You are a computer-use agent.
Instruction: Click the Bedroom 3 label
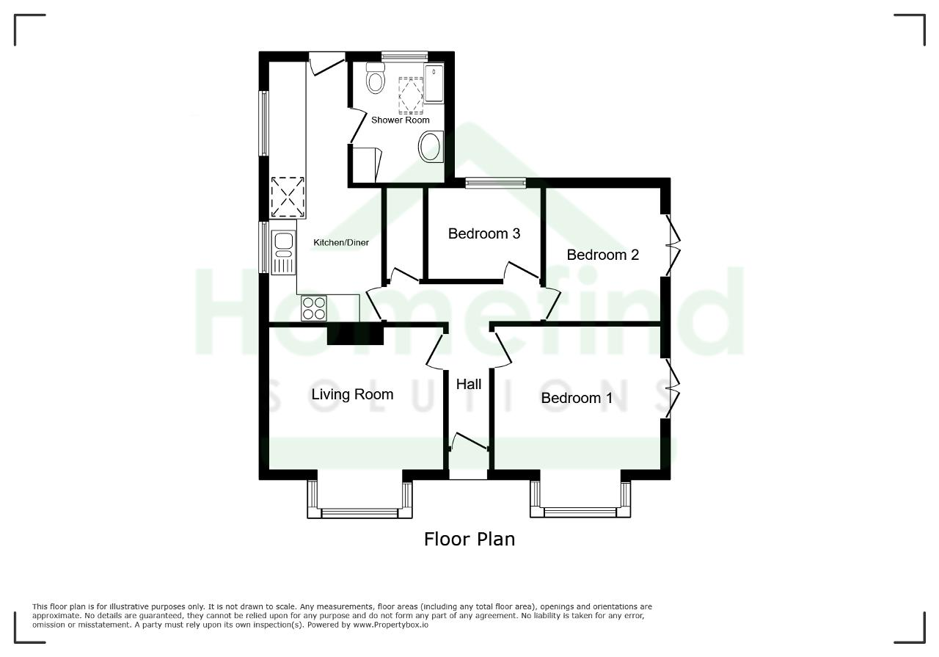483,233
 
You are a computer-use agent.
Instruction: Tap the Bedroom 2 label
602,255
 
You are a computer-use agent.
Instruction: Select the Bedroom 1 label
577,398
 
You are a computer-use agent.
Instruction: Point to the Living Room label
352,394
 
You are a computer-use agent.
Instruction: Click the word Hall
469,384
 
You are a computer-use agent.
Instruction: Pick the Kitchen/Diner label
341,242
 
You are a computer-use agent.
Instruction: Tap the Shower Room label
401,120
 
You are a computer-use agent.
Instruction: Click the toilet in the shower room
375,78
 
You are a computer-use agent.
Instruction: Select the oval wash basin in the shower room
431,146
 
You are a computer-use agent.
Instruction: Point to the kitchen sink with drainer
283,253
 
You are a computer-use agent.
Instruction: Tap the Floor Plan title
469,539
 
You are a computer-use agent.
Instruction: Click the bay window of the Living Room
359,499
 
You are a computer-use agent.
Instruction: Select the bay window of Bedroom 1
580,499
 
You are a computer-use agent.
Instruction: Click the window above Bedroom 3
495,183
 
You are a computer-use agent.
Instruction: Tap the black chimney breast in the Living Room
355,335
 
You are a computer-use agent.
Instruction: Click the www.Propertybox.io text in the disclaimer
390,625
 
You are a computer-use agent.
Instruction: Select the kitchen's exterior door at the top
327,63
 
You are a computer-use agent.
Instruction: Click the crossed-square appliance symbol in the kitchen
288,197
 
